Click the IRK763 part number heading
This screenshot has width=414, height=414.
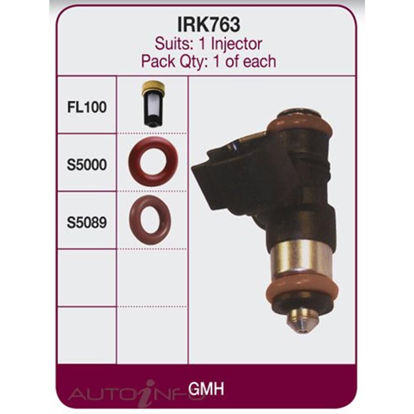point(209,25)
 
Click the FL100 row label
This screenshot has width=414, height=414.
point(87,107)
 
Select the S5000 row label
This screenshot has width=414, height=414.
point(87,165)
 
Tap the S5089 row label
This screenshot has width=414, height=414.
point(87,223)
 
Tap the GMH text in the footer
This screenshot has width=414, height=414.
point(206,389)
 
